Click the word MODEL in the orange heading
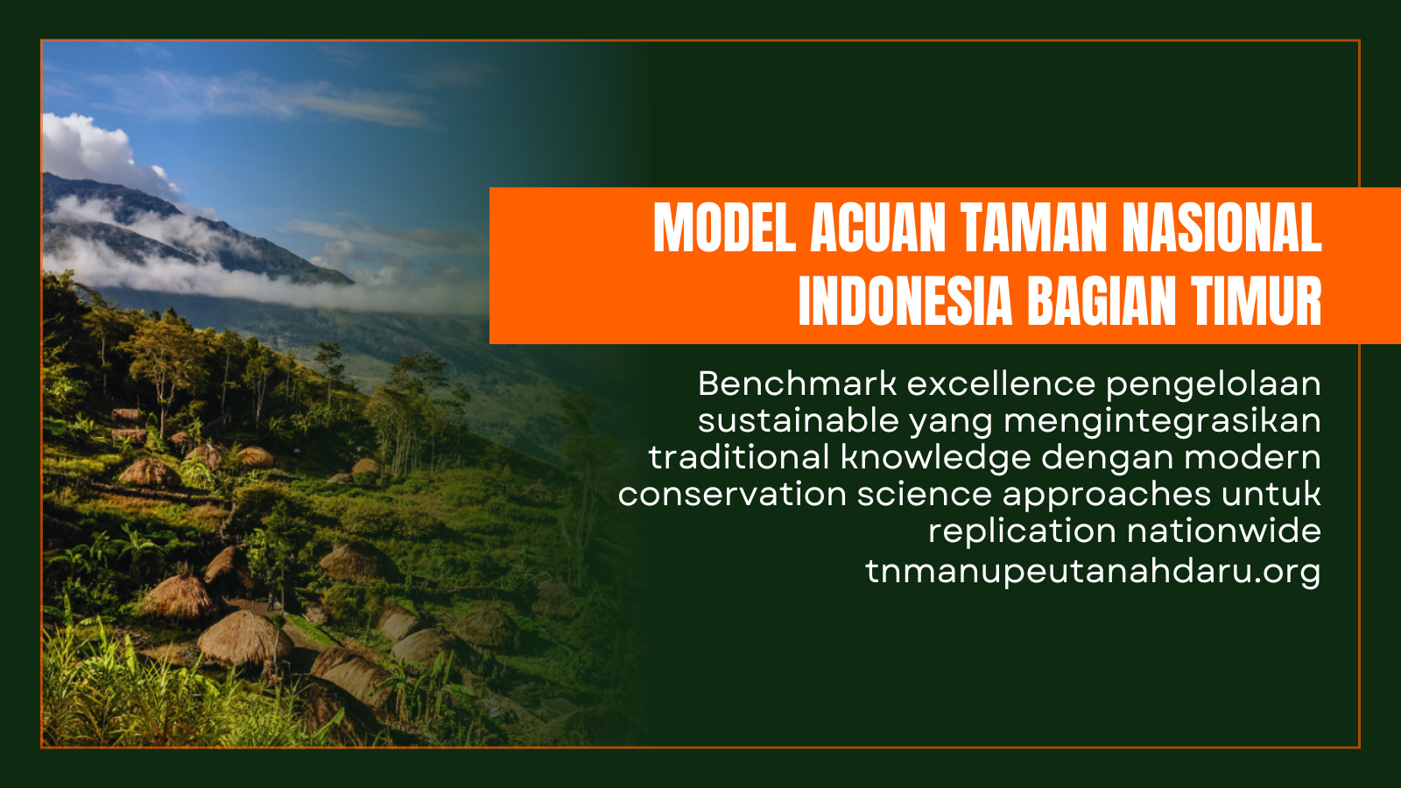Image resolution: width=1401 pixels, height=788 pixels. click(724, 227)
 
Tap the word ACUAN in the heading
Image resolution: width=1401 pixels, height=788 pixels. click(878, 227)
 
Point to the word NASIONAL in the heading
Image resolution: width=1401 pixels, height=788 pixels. click(1222, 227)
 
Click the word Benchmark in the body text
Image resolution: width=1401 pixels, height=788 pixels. click(798, 383)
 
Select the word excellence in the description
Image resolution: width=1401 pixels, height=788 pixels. click(1002, 383)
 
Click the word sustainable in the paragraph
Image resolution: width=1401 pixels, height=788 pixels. click(798, 420)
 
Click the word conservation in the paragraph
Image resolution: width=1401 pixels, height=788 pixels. click(732, 494)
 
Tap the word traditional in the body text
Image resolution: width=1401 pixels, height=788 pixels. click(739, 457)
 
